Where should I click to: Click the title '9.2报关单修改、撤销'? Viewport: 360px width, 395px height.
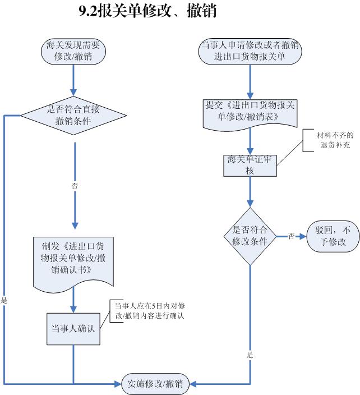click(148, 11)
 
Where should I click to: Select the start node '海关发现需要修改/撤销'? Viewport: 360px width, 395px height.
click(73, 52)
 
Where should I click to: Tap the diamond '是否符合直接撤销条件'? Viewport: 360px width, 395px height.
click(73, 116)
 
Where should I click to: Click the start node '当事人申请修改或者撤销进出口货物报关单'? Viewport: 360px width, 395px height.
click(250, 52)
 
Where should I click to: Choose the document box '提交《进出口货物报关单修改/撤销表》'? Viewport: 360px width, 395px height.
click(250, 115)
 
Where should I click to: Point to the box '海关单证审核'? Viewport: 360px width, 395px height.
click(250, 166)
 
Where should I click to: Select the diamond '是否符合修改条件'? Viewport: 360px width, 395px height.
click(250, 236)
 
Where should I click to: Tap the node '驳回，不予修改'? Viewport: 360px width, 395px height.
click(333, 236)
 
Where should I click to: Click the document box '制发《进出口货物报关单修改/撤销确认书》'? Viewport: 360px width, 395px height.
click(73, 264)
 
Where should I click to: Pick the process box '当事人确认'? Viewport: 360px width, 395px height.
click(73, 329)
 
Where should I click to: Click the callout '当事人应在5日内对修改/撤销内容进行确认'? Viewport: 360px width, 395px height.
click(150, 311)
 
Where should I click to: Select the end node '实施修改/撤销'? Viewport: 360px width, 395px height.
click(155, 384)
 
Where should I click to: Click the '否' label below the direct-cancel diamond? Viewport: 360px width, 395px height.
click(75, 186)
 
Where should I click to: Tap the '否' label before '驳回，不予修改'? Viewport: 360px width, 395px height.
click(291, 236)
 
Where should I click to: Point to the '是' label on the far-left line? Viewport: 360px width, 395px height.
click(4, 300)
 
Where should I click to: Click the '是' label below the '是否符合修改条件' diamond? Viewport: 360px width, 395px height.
click(250, 355)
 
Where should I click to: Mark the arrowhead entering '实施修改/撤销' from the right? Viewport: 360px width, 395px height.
click(193, 384)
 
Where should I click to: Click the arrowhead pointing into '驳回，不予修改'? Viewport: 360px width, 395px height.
click(303, 236)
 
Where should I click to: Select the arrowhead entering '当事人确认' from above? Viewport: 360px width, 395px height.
click(73, 310)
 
